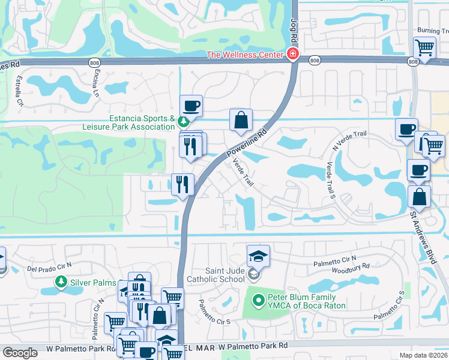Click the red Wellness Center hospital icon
[292, 55]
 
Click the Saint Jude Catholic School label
[215, 274]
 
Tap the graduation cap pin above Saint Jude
[259, 255]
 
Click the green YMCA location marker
[259, 299]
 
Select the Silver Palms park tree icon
[61, 281]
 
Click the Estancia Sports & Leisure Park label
[130, 122]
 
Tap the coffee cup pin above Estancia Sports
[191, 106]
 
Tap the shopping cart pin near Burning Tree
[424, 47]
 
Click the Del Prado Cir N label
[49, 265]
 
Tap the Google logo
[20, 352]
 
